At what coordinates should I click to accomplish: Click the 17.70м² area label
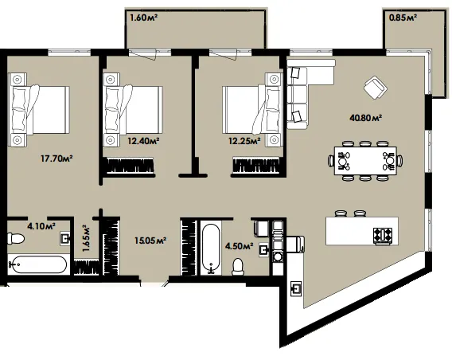(x=56, y=158)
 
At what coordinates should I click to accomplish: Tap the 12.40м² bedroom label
(x=143, y=141)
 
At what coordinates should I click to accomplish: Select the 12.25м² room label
(x=245, y=141)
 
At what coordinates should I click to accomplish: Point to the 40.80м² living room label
(x=366, y=118)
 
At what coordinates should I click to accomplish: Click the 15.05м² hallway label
(x=150, y=241)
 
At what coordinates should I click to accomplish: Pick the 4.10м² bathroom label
(x=41, y=226)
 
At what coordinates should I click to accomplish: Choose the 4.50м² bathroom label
(x=240, y=246)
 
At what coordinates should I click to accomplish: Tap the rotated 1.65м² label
(x=86, y=238)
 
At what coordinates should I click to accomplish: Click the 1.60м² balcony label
(x=143, y=18)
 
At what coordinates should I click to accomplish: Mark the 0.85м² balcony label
(x=403, y=18)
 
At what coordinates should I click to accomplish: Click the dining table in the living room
(x=365, y=161)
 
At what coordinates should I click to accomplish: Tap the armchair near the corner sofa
(x=376, y=88)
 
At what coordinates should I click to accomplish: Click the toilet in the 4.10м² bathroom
(x=16, y=238)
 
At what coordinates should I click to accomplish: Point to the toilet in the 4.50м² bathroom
(x=238, y=267)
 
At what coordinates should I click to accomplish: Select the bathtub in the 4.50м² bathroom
(x=211, y=248)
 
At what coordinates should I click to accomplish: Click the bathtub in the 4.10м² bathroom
(x=38, y=264)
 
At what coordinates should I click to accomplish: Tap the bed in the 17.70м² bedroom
(x=39, y=110)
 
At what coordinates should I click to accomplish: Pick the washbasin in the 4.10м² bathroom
(x=65, y=239)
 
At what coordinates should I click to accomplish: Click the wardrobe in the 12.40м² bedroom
(x=130, y=166)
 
